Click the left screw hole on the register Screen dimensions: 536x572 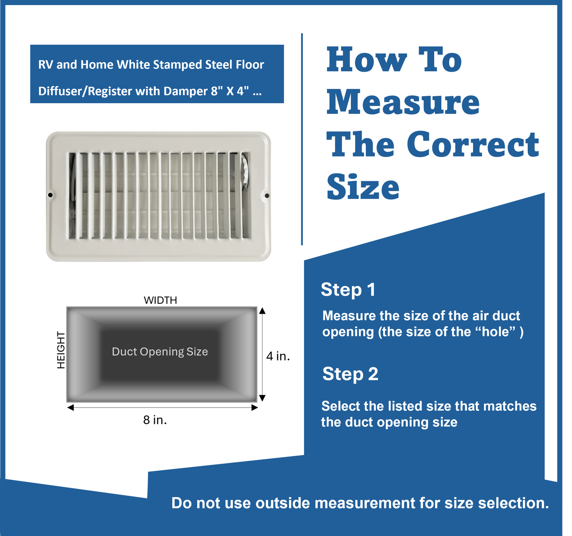tap(50, 195)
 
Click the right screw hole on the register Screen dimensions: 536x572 tap(267, 195)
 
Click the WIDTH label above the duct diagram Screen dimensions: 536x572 tap(160, 300)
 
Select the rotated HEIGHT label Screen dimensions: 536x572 tap(61, 350)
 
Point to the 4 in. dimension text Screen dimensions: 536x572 tap(278, 356)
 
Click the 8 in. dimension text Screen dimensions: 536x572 tap(155, 420)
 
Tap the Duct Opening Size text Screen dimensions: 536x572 tap(160, 352)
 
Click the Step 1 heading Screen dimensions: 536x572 tap(348, 290)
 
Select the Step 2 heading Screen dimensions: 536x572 tap(350, 374)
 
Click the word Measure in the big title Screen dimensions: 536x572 tap(403, 102)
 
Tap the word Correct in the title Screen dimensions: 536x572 tap(473, 144)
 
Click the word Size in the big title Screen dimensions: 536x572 tap(363, 187)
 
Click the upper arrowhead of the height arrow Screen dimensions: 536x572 tap(262, 311)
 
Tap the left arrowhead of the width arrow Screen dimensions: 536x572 tap(70, 407)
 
